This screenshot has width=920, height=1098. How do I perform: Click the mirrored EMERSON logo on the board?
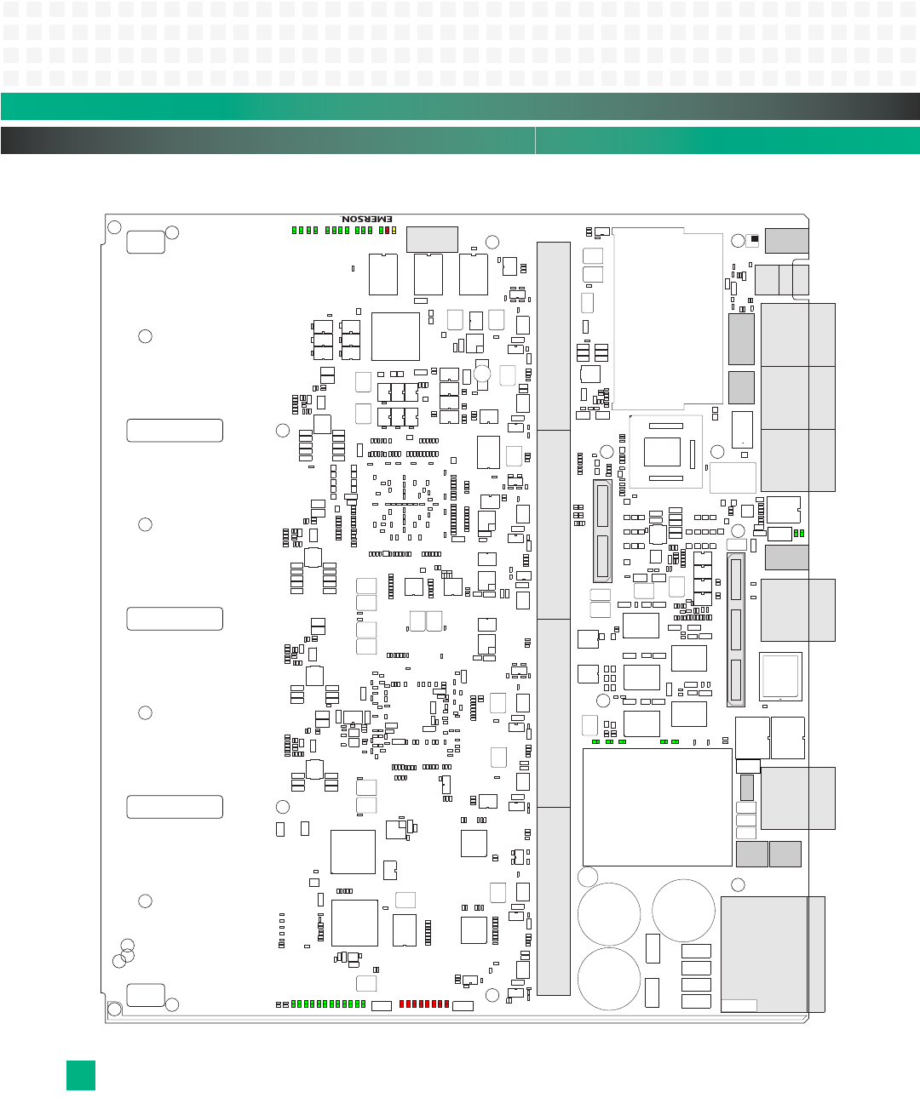[367, 219]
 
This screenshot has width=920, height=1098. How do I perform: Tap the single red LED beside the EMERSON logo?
[387, 230]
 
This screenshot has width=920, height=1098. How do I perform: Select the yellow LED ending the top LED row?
[394, 230]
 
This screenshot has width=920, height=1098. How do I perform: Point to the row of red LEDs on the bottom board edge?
[423, 1004]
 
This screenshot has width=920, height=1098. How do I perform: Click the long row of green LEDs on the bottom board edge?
[328, 1004]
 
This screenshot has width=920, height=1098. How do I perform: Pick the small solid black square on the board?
[754, 239]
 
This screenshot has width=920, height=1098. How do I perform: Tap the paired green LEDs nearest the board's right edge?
[799, 533]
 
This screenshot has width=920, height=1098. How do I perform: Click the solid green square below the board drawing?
[81, 1075]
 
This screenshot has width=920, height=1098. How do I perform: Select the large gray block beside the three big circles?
[764, 953]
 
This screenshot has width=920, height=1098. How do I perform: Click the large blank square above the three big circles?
[657, 807]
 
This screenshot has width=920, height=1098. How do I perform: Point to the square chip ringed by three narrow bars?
[662, 451]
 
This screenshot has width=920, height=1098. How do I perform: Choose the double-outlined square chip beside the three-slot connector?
[780, 676]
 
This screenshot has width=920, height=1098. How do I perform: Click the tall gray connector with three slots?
[736, 629]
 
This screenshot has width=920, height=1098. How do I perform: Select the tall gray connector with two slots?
[602, 531]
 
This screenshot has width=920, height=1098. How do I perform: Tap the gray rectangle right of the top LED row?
[432, 239]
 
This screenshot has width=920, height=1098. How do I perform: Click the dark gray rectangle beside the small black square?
[786, 241]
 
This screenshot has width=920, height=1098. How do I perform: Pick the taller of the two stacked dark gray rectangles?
[741, 339]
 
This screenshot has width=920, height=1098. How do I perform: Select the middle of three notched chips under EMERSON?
[428, 274]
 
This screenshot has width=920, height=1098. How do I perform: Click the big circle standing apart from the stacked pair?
[683, 911]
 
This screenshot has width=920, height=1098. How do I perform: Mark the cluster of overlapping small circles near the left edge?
[124, 953]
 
